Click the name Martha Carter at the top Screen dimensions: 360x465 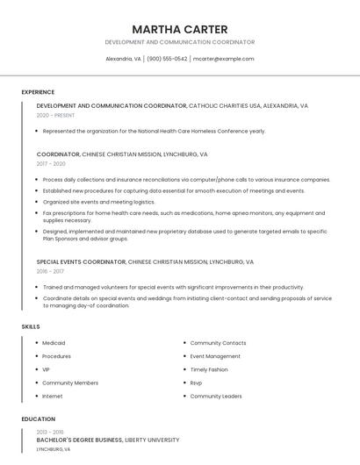click(x=179, y=29)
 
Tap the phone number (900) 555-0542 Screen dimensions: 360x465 click(x=167, y=59)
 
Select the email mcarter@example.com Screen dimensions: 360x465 click(x=223, y=59)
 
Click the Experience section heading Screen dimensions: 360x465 click(x=38, y=92)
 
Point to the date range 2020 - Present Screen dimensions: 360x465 click(x=55, y=115)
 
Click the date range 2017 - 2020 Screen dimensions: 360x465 click(x=51, y=163)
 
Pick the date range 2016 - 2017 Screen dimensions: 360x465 click(x=50, y=271)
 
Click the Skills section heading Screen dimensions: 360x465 click(x=31, y=326)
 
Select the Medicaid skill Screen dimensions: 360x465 click(x=54, y=343)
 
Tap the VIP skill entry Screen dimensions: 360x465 click(x=47, y=369)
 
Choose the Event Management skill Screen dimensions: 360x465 click(x=215, y=356)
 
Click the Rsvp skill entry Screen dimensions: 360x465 click(x=197, y=383)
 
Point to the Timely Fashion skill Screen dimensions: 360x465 click(x=209, y=369)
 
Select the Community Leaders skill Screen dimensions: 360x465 click(x=216, y=396)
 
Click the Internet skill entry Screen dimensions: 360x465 click(x=53, y=396)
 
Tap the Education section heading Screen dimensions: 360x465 click(x=38, y=419)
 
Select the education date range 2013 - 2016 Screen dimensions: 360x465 click(x=50, y=432)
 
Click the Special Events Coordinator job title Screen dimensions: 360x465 click(x=81, y=261)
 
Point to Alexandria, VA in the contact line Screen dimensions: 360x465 click(x=123, y=59)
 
